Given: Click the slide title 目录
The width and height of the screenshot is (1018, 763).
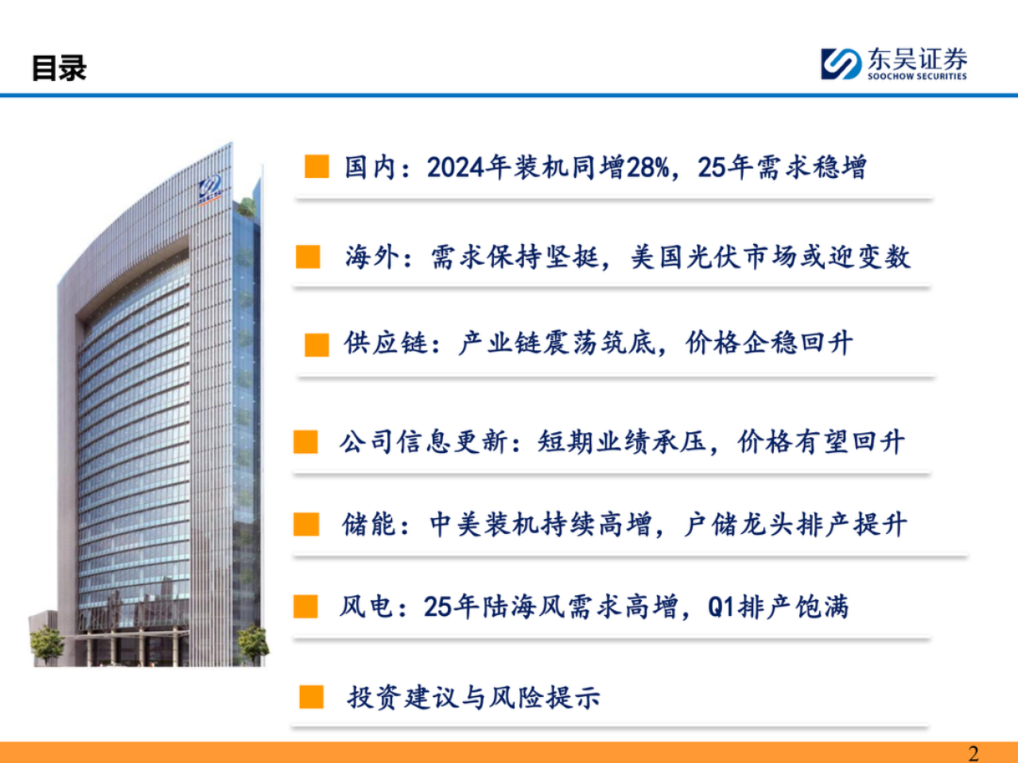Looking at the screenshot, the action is point(59,68).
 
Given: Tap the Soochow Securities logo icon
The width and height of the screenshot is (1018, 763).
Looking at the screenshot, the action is point(841,64).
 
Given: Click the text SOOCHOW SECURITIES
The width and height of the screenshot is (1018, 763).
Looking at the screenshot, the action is point(917,76).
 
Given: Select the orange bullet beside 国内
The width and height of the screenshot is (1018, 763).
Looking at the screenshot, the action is point(317,166).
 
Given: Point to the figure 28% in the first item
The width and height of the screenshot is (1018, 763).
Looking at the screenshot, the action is point(648,168).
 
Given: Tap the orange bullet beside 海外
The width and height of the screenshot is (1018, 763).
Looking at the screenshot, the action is point(307,256).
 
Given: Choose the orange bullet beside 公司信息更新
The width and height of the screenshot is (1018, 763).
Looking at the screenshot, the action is point(305,442).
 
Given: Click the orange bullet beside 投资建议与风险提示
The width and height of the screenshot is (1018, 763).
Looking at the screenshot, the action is point(312,697).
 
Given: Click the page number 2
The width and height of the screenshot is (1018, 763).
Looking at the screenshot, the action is point(973,754).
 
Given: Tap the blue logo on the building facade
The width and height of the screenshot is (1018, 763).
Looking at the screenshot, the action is point(210,188).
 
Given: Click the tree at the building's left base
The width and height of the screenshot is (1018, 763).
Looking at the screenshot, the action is point(47,645).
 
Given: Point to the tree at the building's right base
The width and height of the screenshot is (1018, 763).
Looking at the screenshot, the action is point(252,643).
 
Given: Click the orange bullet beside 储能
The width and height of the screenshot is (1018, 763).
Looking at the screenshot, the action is point(306,525).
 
